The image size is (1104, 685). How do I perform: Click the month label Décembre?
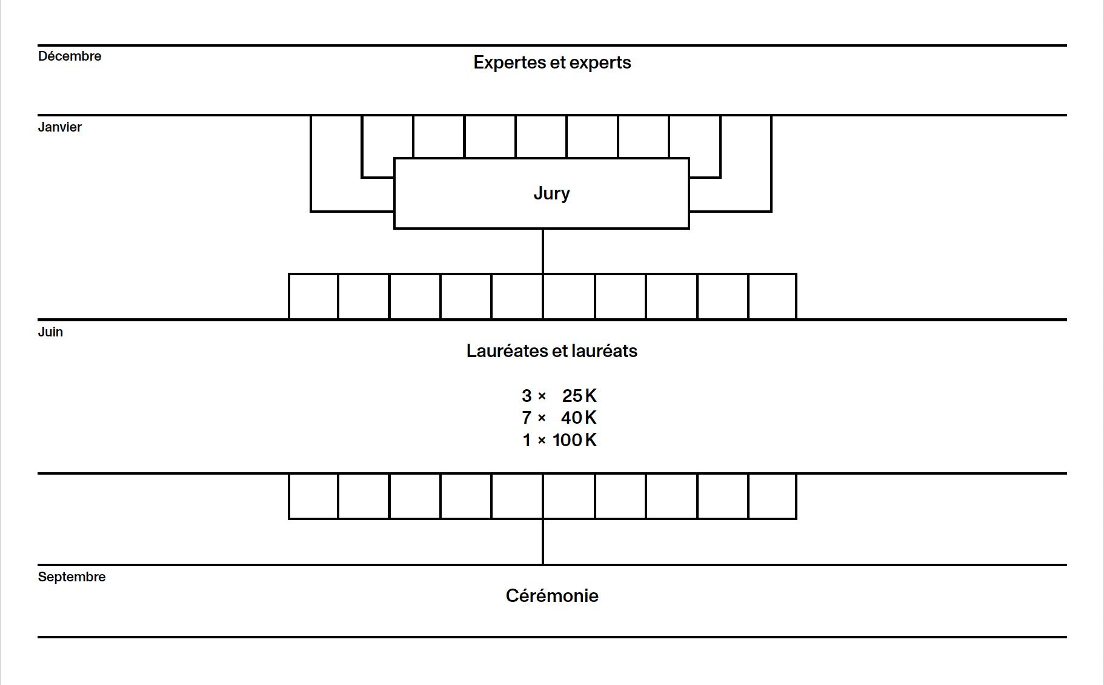70,56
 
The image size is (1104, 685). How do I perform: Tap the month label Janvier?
59,127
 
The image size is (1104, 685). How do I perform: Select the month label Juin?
50,332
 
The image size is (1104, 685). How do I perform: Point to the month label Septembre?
71,577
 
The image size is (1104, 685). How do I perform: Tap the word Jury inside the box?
551,193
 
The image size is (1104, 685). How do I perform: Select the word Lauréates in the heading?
507,351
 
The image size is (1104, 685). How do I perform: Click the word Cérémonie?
552,596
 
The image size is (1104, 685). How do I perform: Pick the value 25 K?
579,396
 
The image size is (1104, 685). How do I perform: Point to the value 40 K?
579,418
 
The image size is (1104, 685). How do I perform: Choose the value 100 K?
574,440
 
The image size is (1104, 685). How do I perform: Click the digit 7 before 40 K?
527,418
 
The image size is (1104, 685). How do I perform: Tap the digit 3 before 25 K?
527,396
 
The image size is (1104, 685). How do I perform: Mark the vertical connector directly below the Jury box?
543,251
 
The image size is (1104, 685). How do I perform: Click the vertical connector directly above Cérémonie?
543,542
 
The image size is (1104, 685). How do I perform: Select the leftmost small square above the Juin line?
313,296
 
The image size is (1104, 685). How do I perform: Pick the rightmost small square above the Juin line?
773,296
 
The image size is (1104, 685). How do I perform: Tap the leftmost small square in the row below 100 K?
313,496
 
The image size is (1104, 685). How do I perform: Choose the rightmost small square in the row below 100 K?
773,496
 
